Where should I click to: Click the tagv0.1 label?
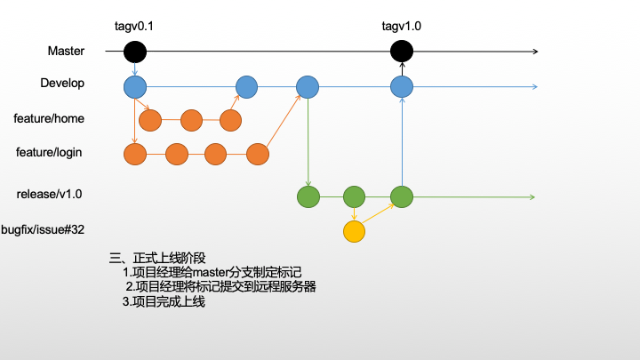135,26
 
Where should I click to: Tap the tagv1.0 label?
402,26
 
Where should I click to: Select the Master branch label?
66,52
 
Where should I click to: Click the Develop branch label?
62,84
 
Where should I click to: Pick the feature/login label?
49,153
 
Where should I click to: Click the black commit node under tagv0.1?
135,52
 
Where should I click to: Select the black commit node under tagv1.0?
402,52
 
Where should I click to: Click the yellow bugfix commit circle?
355,232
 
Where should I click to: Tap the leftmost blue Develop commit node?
135,86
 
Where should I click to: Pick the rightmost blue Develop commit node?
402,86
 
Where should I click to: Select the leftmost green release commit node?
308,196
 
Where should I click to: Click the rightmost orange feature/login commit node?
258,154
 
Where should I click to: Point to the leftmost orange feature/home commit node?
150,120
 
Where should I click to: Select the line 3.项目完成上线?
164,302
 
